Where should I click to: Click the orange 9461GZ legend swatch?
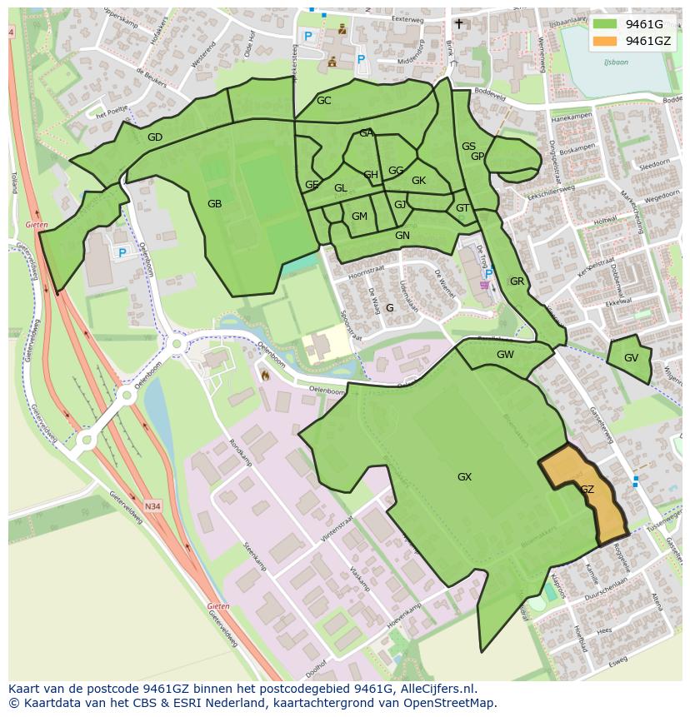coord(606,41)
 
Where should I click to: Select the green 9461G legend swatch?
coord(606,24)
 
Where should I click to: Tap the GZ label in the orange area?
coord(587,490)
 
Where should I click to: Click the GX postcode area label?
coord(464,477)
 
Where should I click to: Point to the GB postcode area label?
coord(215,204)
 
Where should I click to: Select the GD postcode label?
coord(154,137)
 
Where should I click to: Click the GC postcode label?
coord(324,101)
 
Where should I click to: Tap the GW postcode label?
coord(505,355)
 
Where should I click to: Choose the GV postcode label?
coord(631,358)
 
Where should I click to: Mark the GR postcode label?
coord(517,281)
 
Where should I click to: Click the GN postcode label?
coord(402,236)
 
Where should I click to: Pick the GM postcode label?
coord(359,217)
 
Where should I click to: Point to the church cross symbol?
coord(458,24)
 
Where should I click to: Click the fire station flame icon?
coord(264,376)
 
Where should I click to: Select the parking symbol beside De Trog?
coord(489,273)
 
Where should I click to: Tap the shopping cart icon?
coord(484,285)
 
